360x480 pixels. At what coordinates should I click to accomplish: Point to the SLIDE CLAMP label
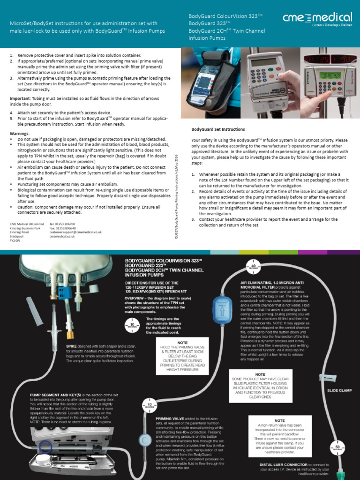tap(339, 390)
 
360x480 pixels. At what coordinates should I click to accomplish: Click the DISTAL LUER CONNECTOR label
tap(284, 465)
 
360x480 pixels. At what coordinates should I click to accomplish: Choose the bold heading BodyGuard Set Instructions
tap(218, 129)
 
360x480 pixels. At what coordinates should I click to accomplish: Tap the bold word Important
tap(21, 98)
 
